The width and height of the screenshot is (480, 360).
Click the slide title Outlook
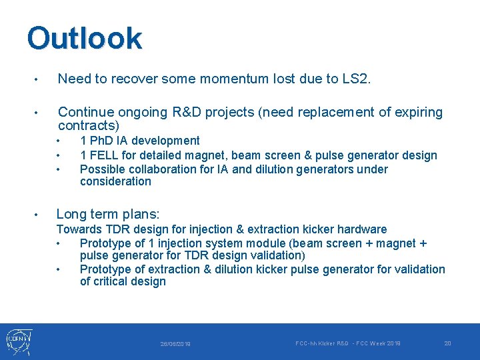coord(84,39)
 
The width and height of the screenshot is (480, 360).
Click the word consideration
coord(115,181)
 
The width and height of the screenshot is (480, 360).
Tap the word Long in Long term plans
coord(71,214)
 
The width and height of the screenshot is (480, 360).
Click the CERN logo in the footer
coord(18,341)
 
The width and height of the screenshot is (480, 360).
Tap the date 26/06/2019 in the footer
coord(175,344)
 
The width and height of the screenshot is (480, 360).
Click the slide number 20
coord(447,343)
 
